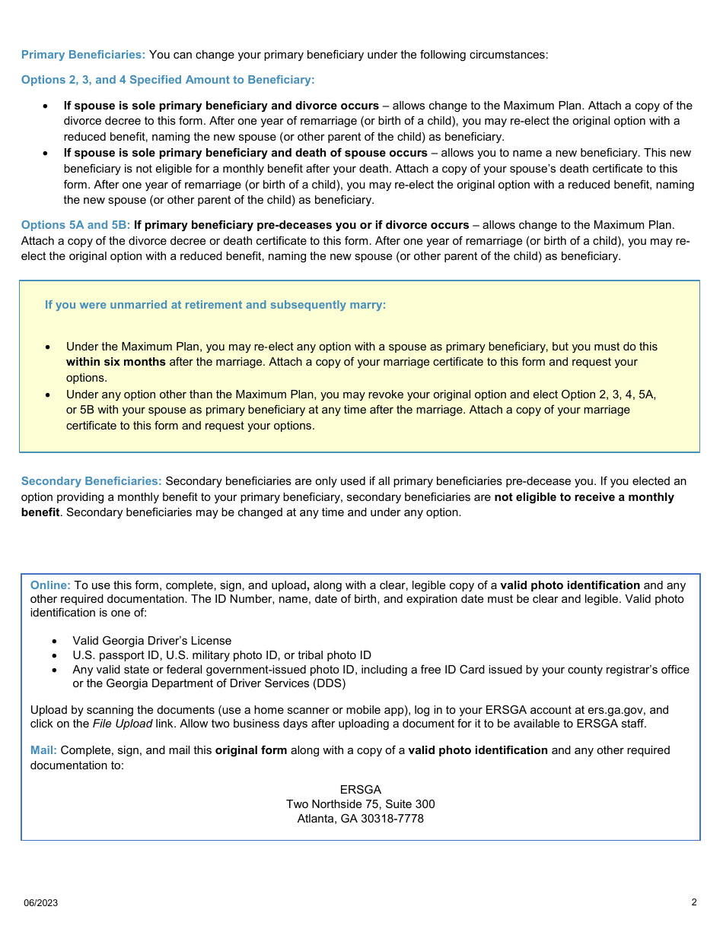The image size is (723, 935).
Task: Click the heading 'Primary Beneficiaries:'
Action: coord(83,55)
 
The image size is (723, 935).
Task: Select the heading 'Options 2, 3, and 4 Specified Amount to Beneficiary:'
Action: coord(167,80)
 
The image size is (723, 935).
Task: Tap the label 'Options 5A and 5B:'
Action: coord(75,225)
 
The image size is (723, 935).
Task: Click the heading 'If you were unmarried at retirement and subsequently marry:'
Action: coord(215,305)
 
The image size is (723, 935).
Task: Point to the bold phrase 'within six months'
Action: coord(116,362)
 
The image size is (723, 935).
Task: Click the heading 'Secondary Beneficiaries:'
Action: coord(91,481)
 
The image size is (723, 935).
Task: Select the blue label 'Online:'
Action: coord(50,585)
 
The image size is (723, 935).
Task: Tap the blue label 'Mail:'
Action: coord(43,750)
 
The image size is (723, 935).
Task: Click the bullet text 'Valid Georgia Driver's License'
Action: coord(151,641)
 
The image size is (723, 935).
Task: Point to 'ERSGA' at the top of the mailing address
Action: coord(360,790)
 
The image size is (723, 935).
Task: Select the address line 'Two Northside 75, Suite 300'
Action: coord(360,804)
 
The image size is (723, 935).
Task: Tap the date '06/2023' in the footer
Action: coord(40,903)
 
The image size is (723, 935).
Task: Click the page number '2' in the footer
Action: coord(693,902)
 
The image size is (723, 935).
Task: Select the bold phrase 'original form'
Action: coord(251,750)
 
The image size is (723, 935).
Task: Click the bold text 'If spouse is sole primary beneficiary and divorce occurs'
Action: coord(221,106)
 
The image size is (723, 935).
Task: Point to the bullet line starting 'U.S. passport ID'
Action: coord(221,655)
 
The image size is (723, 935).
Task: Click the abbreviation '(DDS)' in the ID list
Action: coord(330,683)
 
